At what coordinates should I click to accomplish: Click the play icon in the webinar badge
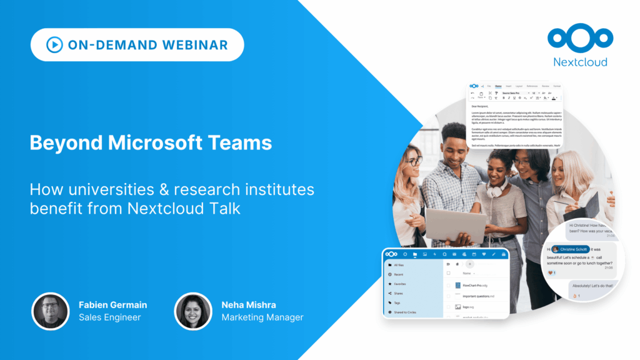click(54, 44)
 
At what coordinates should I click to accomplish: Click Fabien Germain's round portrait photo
click(50, 311)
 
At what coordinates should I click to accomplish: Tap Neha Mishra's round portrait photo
click(193, 311)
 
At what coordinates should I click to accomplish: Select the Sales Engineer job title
click(109, 317)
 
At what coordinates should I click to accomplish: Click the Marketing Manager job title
click(262, 317)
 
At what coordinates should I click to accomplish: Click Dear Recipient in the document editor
click(483, 106)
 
